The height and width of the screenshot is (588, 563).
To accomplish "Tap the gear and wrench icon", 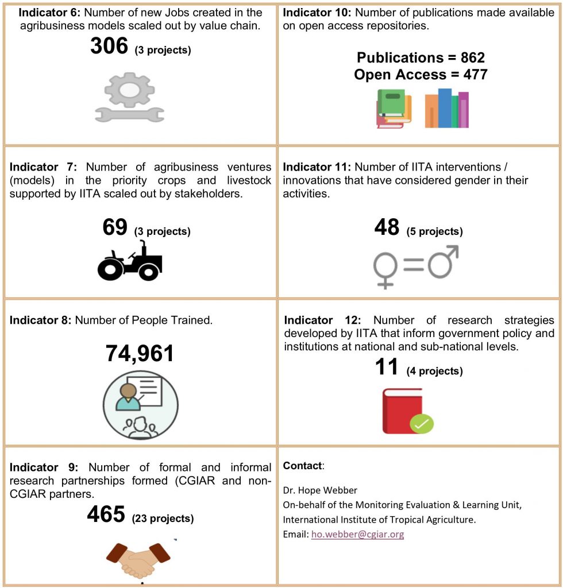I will click(129, 98).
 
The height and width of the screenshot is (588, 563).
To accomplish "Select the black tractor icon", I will click(130, 262).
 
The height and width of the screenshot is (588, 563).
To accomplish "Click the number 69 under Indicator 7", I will click(115, 228).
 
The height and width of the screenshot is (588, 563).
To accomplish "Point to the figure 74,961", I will click(140, 354).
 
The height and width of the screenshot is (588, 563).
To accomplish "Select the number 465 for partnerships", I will click(106, 515).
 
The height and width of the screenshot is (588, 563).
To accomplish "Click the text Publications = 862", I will click(421, 58).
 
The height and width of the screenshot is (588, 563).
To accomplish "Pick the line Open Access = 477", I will click(421, 75).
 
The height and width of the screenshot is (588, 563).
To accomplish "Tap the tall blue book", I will click(445, 108).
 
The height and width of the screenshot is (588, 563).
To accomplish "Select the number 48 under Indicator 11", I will click(387, 228).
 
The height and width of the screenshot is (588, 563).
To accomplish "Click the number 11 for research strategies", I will click(387, 367).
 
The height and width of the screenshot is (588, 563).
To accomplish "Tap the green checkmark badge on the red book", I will click(422, 424).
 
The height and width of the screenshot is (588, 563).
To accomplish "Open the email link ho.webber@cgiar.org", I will click(357, 535).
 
